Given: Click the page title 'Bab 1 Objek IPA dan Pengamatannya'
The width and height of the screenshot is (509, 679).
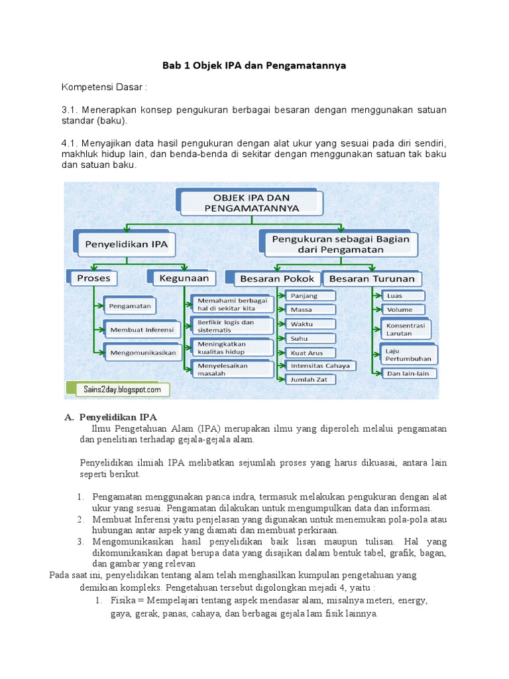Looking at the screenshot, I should click(x=254, y=66).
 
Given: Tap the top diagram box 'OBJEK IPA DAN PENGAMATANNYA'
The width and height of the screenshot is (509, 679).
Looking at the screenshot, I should click(x=249, y=202).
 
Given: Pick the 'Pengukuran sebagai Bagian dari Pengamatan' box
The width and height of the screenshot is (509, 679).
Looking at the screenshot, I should click(x=343, y=244).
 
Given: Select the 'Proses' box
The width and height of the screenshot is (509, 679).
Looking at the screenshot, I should click(x=93, y=278).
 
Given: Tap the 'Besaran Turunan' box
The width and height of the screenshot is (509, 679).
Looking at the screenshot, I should click(x=372, y=278).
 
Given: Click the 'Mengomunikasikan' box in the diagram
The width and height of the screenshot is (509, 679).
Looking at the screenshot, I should click(x=143, y=353).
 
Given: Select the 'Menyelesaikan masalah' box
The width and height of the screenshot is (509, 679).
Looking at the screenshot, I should click(x=232, y=369).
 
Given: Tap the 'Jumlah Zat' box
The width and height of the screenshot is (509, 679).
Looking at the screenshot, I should click(x=311, y=380).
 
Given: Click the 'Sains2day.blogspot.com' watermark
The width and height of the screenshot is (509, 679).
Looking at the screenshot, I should click(x=117, y=390).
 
